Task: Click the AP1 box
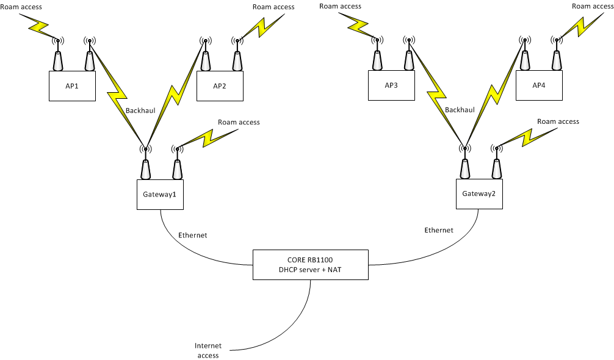(x=72, y=85)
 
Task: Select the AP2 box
(x=220, y=85)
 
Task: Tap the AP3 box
(x=391, y=85)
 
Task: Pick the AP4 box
(x=539, y=85)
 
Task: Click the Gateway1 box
(x=160, y=194)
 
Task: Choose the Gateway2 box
(x=479, y=194)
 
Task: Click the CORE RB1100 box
(x=311, y=264)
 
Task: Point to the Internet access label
(x=208, y=350)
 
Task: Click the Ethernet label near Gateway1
(x=192, y=235)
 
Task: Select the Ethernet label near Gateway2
(x=439, y=230)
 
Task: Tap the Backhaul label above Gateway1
(x=140, y=110)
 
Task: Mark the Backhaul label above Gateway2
(x=460, y=110)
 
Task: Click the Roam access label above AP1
(x=21, y=7)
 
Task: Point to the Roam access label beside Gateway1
(x=239, y=122)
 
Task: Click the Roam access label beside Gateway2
(x=558, y=121)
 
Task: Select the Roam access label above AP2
(x=273, y=7)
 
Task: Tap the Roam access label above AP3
(x=340, y=6)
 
